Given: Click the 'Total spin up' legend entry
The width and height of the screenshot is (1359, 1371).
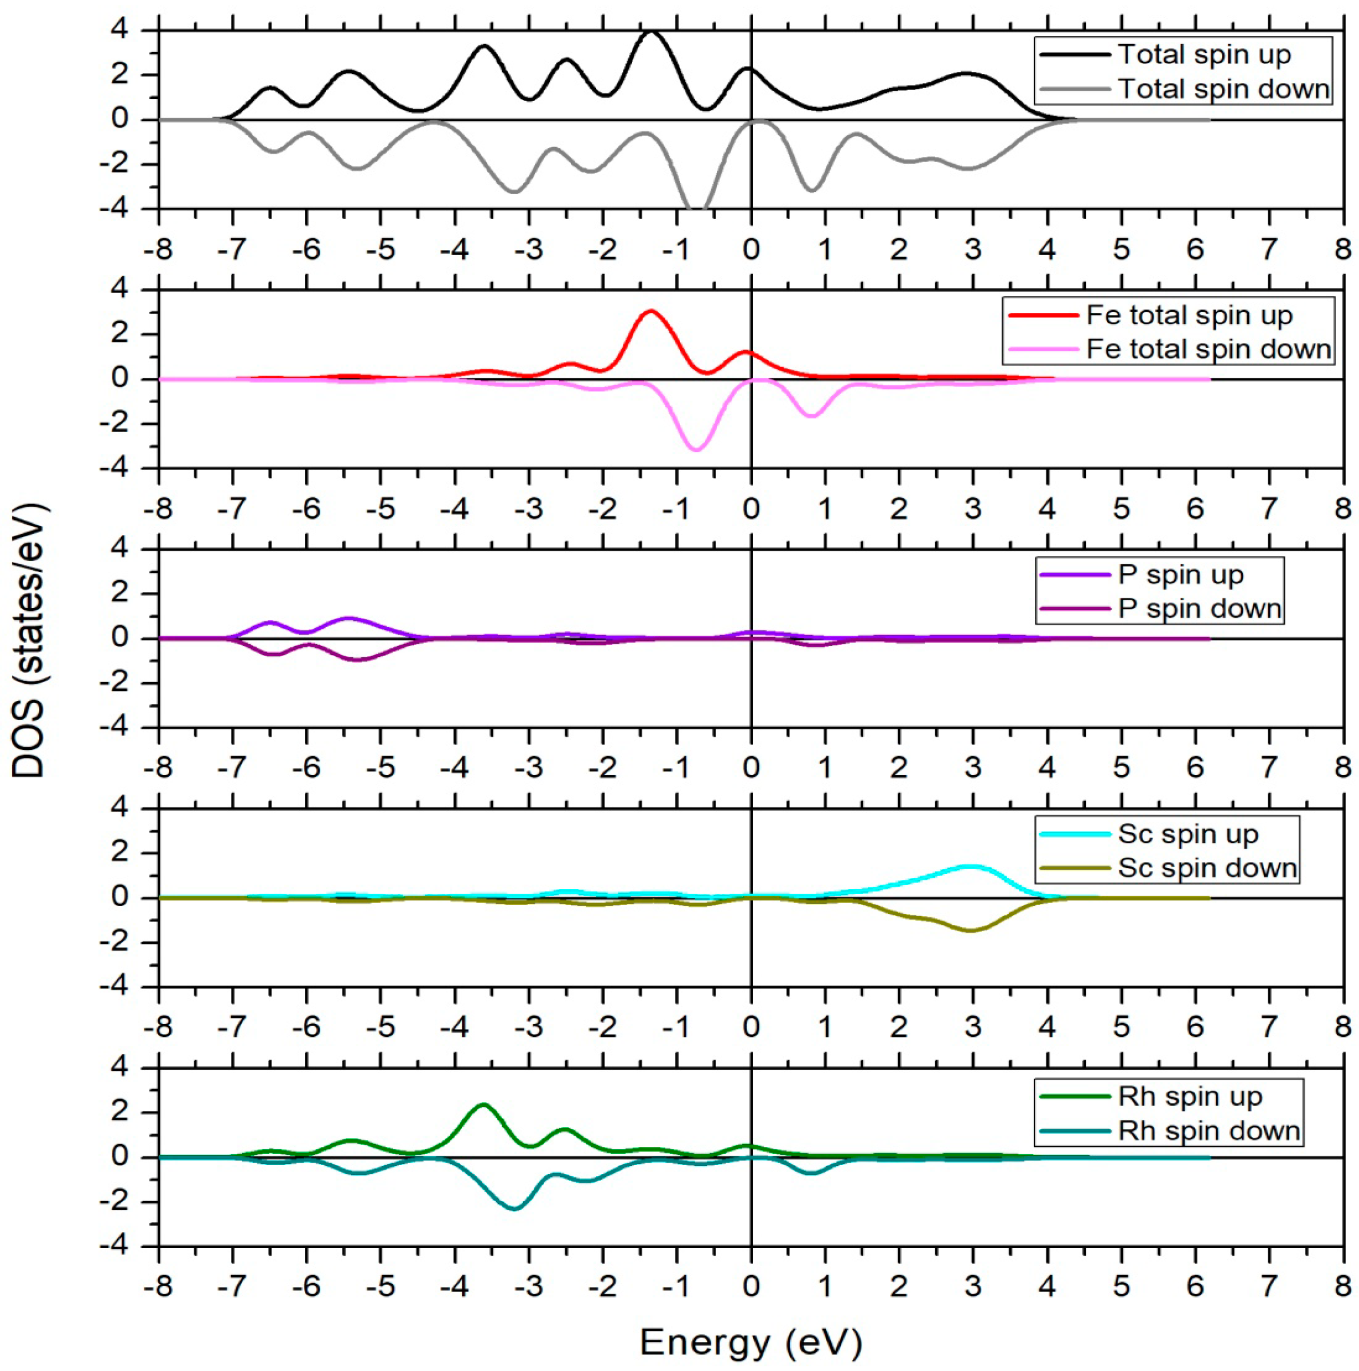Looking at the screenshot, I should tap(1204, 55).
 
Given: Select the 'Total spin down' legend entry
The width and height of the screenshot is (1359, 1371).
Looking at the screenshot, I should tap(1222, 89).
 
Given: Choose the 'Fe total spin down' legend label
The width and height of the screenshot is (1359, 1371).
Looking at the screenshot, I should tap(1207, 348).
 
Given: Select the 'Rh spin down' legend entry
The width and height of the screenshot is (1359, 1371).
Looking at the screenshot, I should tap(1208, 1130).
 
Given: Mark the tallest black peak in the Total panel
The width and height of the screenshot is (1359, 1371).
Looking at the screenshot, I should tap(651, 31).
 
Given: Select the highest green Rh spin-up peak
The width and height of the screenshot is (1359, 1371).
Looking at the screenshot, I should tap(483, 1104).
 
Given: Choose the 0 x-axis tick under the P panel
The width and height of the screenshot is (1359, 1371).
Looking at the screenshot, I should tap(751, 767).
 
